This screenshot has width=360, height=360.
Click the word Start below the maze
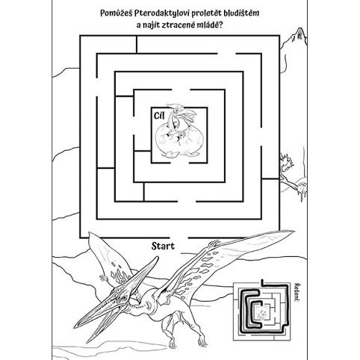click(163, 246)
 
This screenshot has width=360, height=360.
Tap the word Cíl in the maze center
click(159, 116)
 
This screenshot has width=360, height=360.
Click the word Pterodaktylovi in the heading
click(162, 13)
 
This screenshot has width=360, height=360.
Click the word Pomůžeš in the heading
click(116, 13)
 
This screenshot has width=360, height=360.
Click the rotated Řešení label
click(296, 292)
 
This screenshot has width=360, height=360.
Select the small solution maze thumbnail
click(262, 311)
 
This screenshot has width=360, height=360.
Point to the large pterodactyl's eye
click(122, 298)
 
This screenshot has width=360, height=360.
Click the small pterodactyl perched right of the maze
click(294, 176)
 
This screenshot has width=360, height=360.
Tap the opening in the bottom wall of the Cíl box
click(180, 163)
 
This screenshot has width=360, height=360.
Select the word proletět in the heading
click(207, 13)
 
